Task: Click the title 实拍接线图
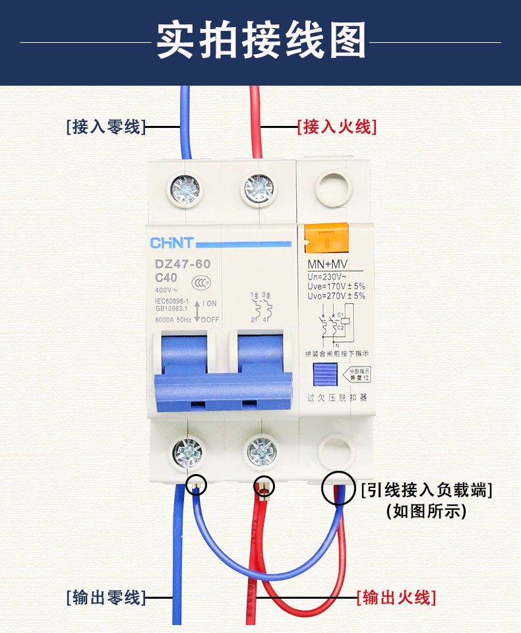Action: (x=260, y=42)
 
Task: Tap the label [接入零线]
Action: (x=106, y=127)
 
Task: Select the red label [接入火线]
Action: (x=337, y=127)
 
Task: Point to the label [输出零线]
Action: (x=106, y=598)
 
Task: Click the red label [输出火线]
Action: (x=396, y=598)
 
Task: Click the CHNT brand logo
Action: (x=172, y=243)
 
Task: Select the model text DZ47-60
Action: (x=183, y=264)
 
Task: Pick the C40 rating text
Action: (x=166, y=278)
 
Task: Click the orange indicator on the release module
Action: (x=326, y=238)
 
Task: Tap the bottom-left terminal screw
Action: (x=187, y=452)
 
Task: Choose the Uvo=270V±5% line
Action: (x=336, y=296)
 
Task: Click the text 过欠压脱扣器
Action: (x=336, y=398)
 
